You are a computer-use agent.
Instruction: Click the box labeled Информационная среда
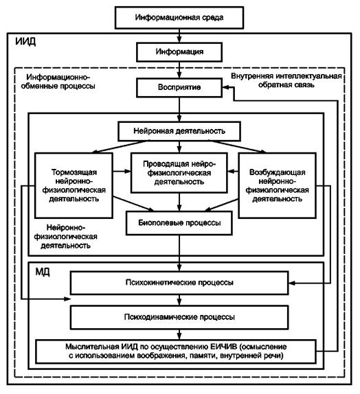click(179, 18)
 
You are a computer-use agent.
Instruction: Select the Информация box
click(179, 52)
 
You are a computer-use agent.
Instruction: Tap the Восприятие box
click(179, 87)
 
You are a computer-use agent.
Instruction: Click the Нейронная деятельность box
click(179, 131)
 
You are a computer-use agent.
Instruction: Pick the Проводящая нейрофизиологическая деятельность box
click(179, 173)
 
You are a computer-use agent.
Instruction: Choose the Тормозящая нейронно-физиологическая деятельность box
click(74, 185)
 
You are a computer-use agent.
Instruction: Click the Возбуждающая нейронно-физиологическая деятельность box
click(277, 185)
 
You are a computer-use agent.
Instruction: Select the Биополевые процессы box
click(179, 223)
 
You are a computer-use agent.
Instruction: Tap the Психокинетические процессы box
click(179, 283)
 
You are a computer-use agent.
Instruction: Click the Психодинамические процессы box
click(179, 317)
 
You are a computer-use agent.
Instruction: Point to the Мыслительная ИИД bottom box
click(176, 351)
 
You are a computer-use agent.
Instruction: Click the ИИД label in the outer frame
click(25, 41)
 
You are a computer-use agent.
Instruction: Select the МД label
click(43, 272)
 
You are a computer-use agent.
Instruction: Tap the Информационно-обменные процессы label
click(58, 82)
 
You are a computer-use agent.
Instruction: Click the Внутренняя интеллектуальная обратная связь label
click(286, 80)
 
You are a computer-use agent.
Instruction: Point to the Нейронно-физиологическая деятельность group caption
click(66, 236)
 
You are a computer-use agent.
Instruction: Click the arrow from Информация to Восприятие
click(179, 70)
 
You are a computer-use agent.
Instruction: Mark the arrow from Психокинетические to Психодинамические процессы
click(179, 300)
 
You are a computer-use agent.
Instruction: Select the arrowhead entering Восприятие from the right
click(225, 87)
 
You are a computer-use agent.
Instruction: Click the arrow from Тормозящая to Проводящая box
click(122, 172)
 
